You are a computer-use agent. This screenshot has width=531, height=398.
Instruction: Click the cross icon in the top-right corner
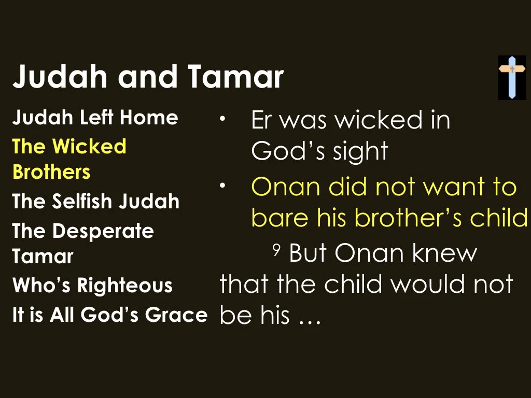[x=512, y=77]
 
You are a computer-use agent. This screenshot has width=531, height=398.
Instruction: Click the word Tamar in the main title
[x=235, y=77]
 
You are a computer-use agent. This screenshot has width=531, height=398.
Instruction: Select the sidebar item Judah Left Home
[x=95, y=118]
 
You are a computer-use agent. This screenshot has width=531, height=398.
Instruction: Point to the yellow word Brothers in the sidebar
[x=51, y=172]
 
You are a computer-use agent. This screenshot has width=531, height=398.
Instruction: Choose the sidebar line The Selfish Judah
[x=96, y=202]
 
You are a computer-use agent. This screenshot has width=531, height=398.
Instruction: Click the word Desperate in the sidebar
[x=103, y=231]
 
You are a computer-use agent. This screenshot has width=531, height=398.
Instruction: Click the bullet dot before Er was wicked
[x=222, y=119]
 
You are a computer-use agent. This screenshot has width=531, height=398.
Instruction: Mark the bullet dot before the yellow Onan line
[x=222, y=185]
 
